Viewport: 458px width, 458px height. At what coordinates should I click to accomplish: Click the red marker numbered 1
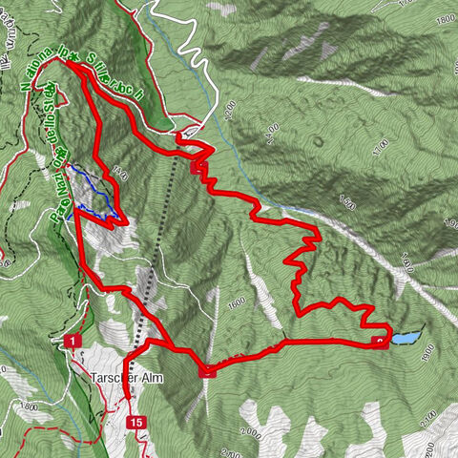point(71,341)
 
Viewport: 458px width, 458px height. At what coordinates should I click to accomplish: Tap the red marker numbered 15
point(138,422)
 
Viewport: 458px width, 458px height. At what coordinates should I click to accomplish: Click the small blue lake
point(406,339)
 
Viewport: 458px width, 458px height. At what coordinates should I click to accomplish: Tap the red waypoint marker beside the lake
point(381,342)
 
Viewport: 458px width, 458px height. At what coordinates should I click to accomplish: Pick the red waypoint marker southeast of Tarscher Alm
point(209,372)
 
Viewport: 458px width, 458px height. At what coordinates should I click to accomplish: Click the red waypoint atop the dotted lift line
point(198,167)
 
